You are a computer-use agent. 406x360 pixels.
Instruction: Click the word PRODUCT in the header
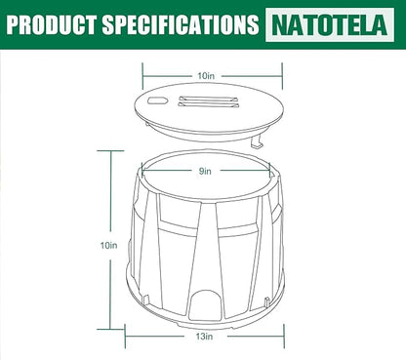click(51, 24)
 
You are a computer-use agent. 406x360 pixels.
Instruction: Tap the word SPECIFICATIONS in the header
click(181, 24)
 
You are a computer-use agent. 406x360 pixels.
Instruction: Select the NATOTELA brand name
click(330, 24)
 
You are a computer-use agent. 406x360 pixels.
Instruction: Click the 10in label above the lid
click(206, 76)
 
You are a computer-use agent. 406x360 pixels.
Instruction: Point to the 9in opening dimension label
click(205, 171)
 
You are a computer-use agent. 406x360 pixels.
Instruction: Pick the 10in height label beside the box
click(108, 245)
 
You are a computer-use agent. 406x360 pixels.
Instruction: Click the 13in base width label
click(204, 336)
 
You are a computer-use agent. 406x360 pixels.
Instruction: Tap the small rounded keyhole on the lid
click(156, 100)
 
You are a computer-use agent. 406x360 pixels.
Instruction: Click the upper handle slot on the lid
click(209, 99)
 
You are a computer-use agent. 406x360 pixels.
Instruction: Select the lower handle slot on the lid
click(208, 104)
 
